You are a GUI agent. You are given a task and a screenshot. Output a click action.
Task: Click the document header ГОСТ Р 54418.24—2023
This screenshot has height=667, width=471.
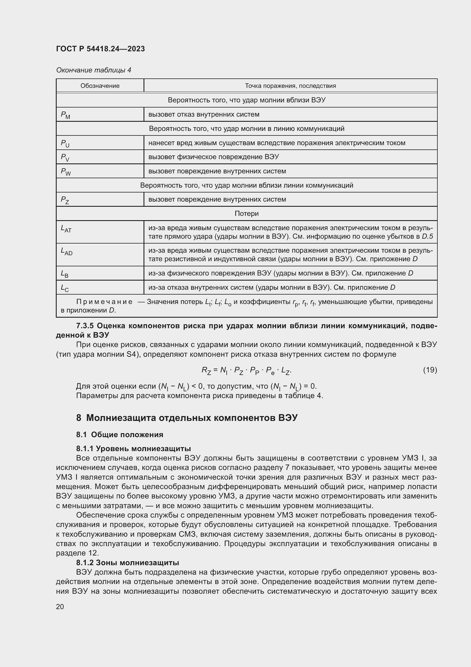click(100, 49)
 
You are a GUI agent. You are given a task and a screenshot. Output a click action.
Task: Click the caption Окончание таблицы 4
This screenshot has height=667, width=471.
click(93, 70)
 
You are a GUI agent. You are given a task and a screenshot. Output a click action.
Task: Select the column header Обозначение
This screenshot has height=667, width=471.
click(100, 86)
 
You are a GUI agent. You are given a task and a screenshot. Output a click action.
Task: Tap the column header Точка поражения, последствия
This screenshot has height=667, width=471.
click(290, 86)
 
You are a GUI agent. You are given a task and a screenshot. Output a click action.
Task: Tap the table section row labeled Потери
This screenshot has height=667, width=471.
click(247, 214)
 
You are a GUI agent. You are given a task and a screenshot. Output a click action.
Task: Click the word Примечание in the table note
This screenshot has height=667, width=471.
click(104, 302)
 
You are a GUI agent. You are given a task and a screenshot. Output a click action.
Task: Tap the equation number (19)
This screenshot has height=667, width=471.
click(430, 370)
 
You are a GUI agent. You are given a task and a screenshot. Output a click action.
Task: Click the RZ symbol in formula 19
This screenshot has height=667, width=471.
click(206, 370)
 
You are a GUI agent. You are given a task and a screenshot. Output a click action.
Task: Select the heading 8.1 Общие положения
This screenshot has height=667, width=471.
click(120, 435)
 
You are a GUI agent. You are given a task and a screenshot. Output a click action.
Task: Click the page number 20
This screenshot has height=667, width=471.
click(60, 607)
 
